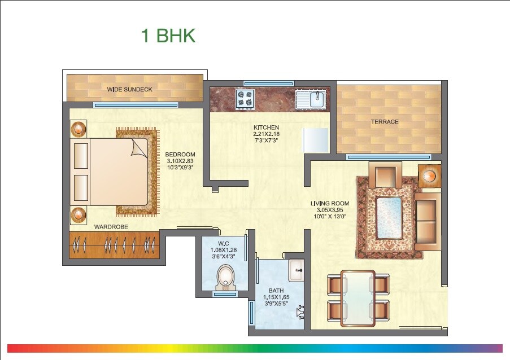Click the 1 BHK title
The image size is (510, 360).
click(168, 36)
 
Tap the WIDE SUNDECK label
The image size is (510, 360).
click(130, 89)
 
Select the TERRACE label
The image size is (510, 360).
click(384, 122)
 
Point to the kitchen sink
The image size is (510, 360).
click(312, 100)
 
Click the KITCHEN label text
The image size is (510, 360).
click(266, 128)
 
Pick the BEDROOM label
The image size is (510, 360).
click(180, 155)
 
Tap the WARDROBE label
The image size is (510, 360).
click(111, 226)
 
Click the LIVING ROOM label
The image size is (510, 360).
click(330, 203)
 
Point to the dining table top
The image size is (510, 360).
click(358, 298)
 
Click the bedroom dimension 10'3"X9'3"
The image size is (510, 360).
click(180, 168)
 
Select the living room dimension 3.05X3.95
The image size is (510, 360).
click(330, 209)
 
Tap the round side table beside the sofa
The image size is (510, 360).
click(429, 175)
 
